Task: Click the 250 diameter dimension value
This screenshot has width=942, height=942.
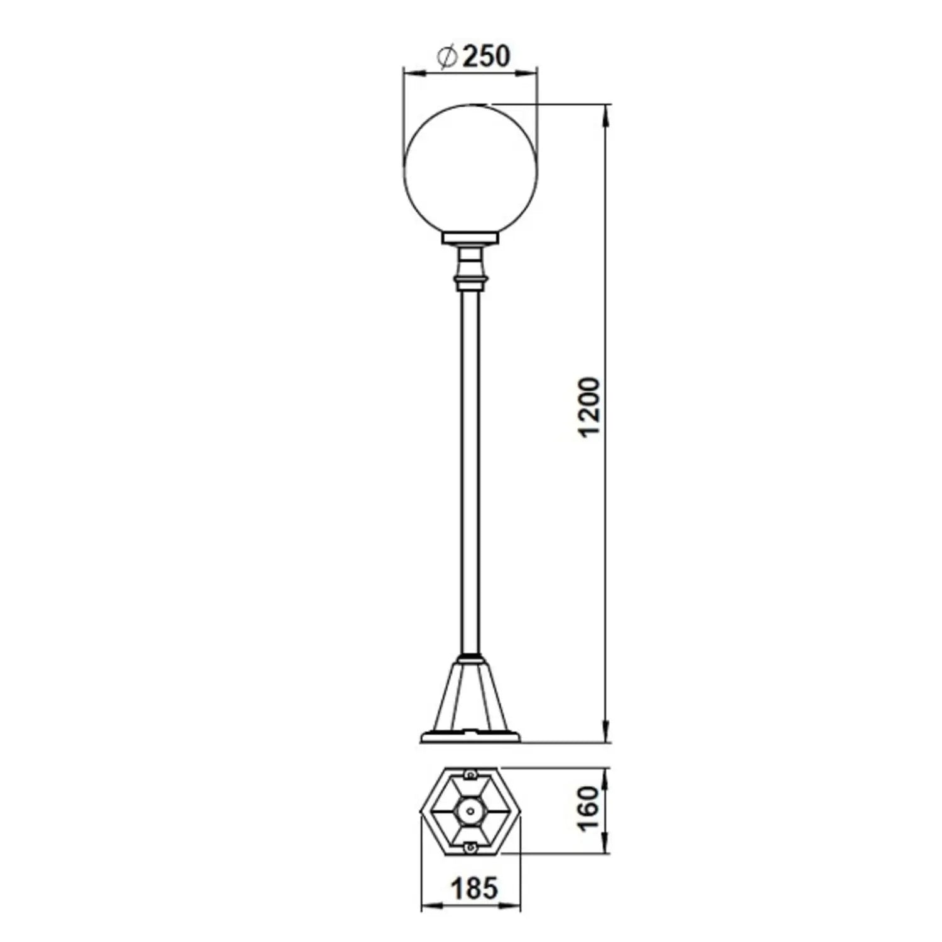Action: [485, 57]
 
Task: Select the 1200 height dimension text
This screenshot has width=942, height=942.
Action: [590, 408]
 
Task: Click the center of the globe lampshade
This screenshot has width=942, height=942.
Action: [471, 169]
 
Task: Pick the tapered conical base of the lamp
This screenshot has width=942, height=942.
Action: [471, 697]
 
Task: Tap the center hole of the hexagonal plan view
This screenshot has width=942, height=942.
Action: [470, 810]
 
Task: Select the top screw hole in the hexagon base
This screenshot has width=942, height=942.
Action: [470, 773]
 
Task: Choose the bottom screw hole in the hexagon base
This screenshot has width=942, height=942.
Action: [470, 847]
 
